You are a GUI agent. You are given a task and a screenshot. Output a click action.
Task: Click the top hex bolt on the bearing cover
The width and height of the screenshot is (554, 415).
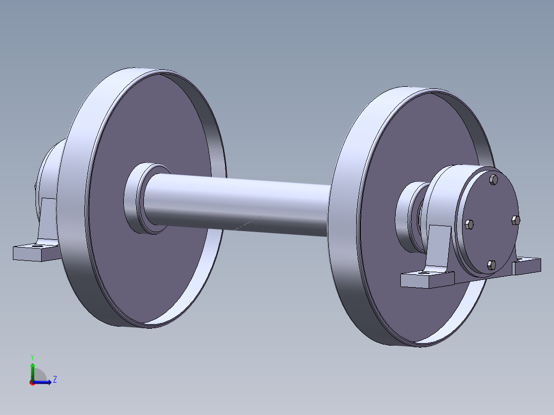tap(494, 179)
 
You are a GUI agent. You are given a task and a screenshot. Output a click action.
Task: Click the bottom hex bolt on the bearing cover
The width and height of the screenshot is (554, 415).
tap(491, 265)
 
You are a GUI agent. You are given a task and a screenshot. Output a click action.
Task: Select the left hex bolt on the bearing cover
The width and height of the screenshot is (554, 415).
tap(469, 224)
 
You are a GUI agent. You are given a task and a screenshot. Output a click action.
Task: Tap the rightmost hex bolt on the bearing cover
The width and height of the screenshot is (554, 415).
tap(516, 220)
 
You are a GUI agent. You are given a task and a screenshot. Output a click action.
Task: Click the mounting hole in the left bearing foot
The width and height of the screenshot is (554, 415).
tap(37, 246)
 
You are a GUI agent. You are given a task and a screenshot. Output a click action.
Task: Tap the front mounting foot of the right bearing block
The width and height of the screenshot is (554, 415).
tap(427, 280)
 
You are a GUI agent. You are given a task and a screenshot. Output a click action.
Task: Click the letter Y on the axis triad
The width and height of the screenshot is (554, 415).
tap(32, 356)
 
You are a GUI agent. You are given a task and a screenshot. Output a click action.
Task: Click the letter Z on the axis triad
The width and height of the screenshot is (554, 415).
tap(54, 380)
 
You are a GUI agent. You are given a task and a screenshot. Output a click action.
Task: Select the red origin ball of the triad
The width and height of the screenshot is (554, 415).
tap(32, 383)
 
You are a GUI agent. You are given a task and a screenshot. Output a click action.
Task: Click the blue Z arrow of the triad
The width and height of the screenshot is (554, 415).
tap(43, 382)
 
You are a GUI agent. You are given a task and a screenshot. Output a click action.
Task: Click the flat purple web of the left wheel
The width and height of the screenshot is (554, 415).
tap(154, 257)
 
